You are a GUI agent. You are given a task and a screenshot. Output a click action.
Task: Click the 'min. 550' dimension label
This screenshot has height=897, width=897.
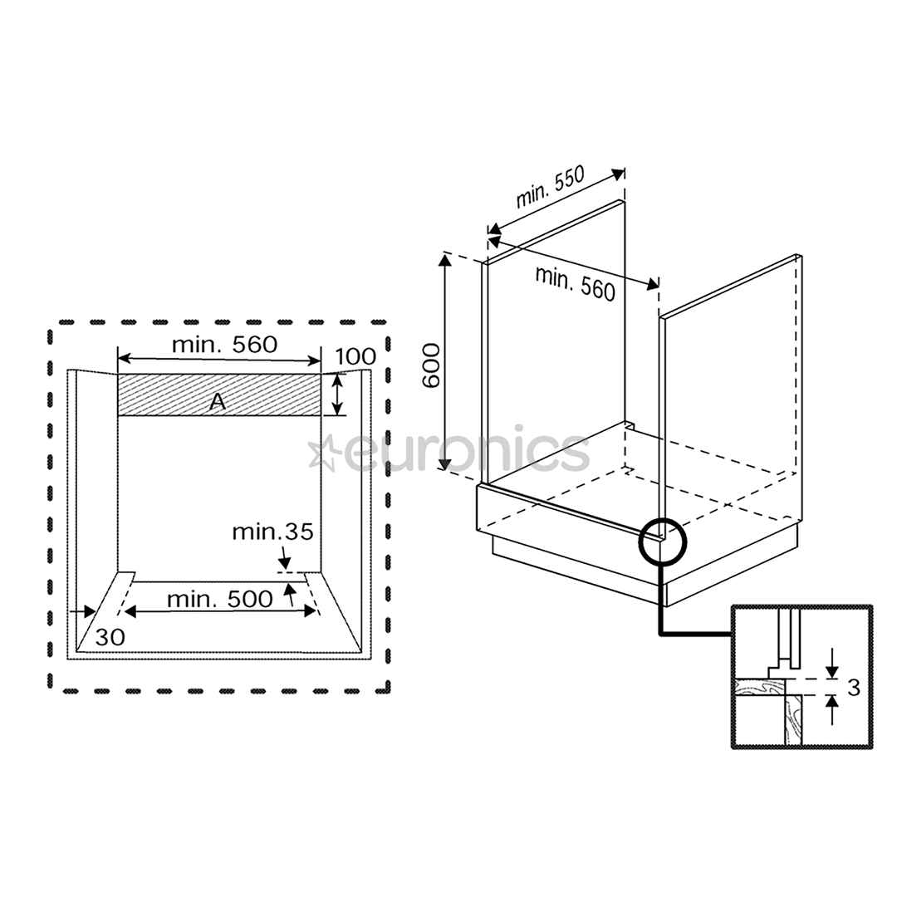(551, 189)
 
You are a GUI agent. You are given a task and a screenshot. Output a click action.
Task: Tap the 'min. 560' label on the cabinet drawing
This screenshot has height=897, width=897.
(576, 283)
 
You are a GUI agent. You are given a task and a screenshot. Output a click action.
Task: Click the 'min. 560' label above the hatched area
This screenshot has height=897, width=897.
(224, 344)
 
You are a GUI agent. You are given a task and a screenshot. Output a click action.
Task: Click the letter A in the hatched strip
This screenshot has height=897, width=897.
(217, 402)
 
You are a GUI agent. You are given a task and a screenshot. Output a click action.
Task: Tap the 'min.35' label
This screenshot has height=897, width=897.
(272, 532)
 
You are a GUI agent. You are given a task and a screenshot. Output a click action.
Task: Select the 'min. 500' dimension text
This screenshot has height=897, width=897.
(219, 598)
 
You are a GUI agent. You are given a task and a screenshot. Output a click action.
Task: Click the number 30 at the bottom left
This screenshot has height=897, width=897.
(110, 638)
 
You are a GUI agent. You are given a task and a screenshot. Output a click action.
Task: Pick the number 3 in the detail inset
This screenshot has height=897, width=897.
(853, 687)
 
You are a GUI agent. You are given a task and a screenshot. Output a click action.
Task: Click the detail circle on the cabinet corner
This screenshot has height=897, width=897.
(664, 542)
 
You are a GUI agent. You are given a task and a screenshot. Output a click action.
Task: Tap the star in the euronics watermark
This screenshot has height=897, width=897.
(321, 453)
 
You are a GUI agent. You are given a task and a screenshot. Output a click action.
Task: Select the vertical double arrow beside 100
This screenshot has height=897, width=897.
(337, 395)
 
